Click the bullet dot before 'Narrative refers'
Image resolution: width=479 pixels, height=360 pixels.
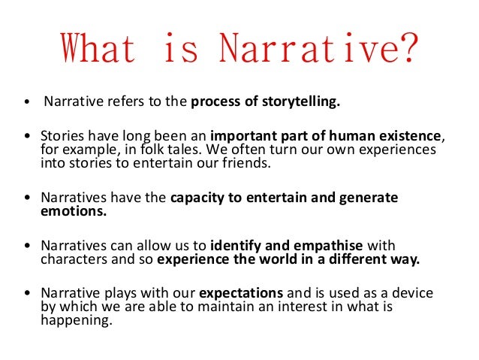click(x=28, y=104)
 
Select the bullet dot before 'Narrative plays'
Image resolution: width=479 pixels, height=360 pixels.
click(x=28, y=294)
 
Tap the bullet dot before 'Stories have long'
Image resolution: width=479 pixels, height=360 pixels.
click(x=28, y=136)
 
